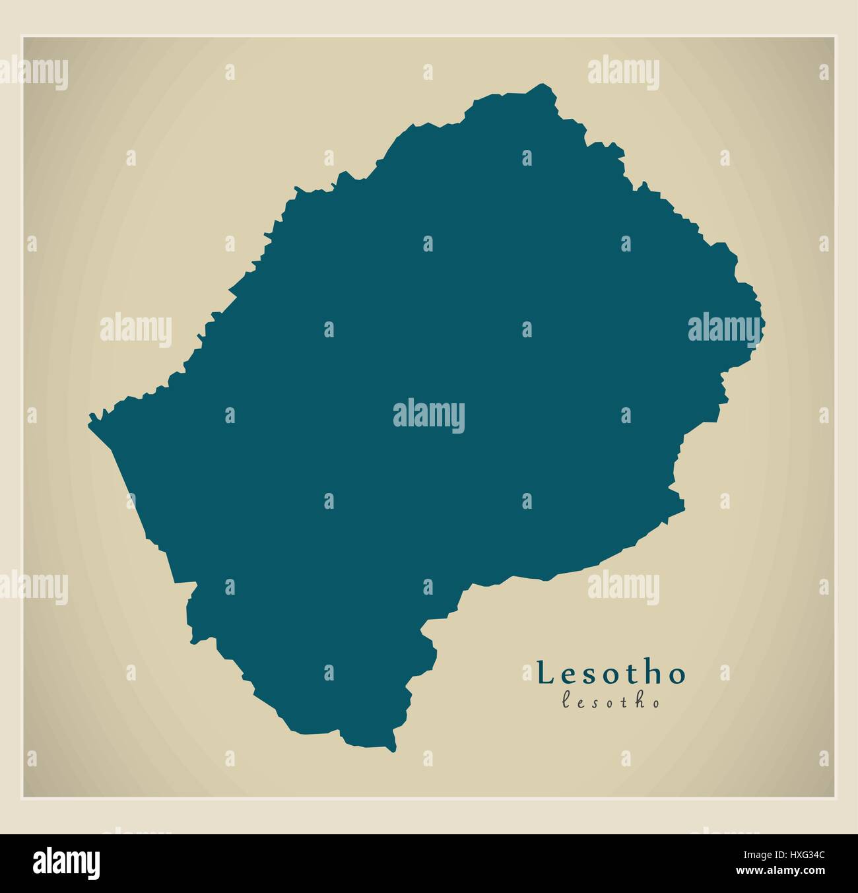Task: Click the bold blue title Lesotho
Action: click(x=612, y=673)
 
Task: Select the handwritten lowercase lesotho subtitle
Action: click(x=610, y=702)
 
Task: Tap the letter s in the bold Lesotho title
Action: click(x=588, y=675)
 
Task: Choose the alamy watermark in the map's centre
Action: click(x=429, y=416)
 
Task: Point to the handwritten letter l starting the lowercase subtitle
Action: click(x=565, y=702)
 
